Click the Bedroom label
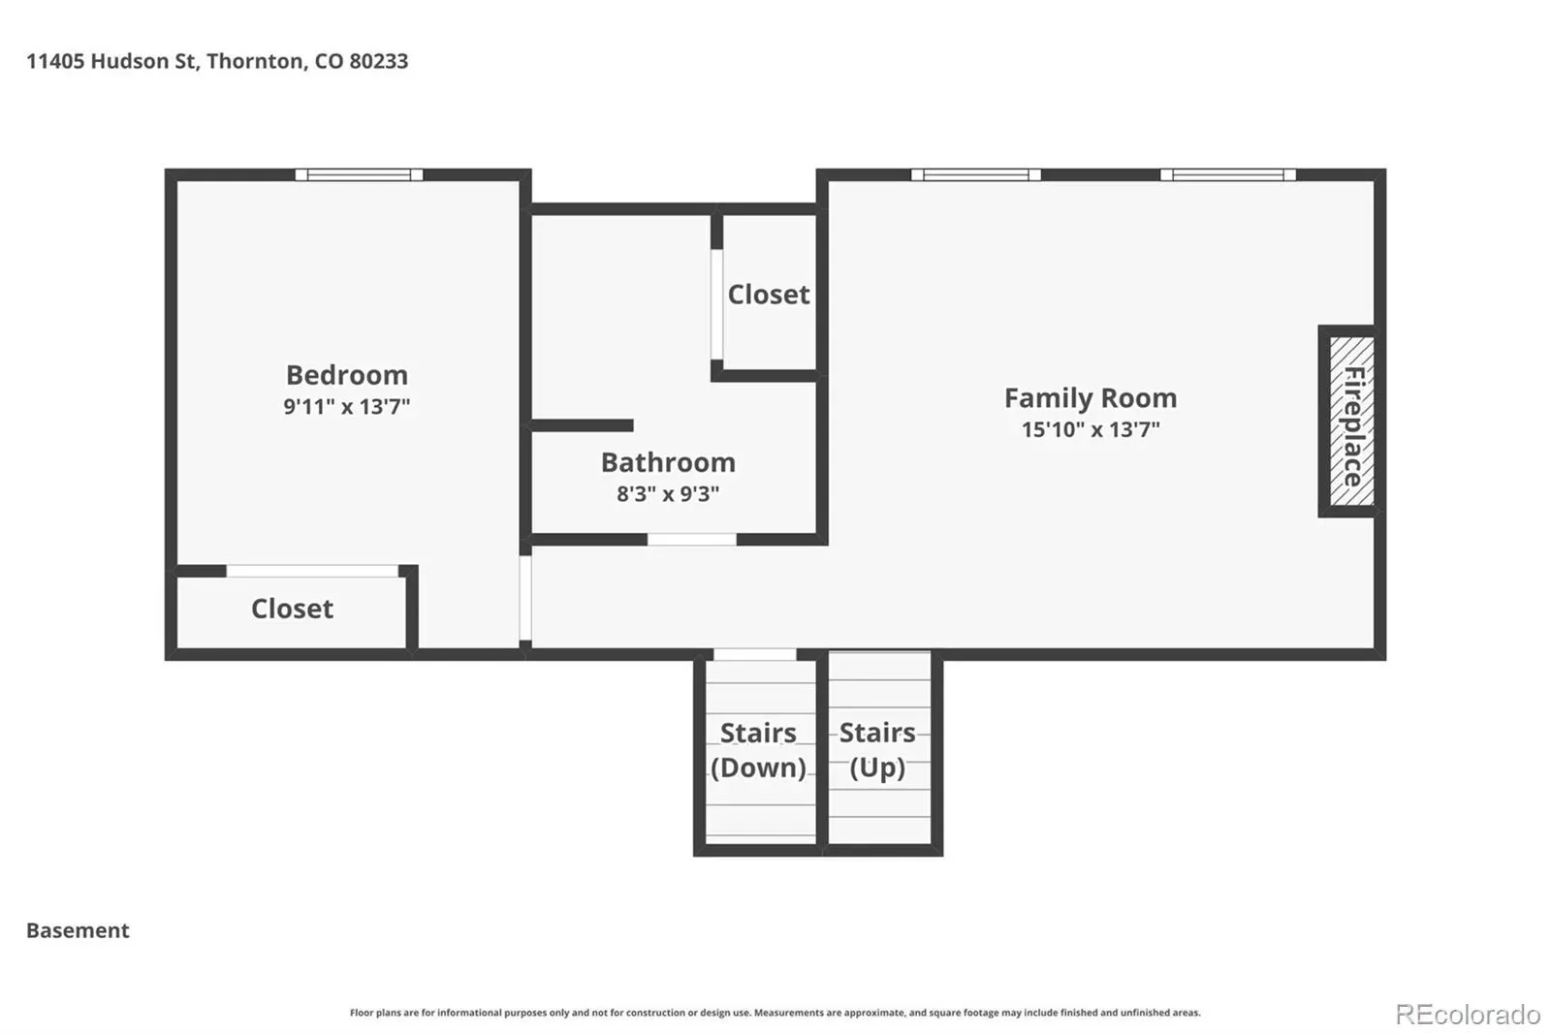point(347,375)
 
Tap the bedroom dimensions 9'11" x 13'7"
point(347,406)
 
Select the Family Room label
point(1091,398)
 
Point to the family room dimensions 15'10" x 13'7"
point(1091,429)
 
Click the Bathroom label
point(668,462)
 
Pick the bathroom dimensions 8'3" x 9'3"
point(668,493)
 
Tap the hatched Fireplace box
point(1352,421)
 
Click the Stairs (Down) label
point(758,750)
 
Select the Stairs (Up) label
point(877,750)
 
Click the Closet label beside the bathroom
point(769,295)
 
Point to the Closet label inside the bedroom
point(292,610)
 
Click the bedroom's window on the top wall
point(359,174)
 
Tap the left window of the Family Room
point(975,174)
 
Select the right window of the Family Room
point(1227,174)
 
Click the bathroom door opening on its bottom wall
point(692,540)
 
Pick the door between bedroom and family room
point(525,598)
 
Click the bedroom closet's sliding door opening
point(312,571)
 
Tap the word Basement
point(78,930)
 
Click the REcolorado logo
point(1468,1015)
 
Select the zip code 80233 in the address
point(379,61)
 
